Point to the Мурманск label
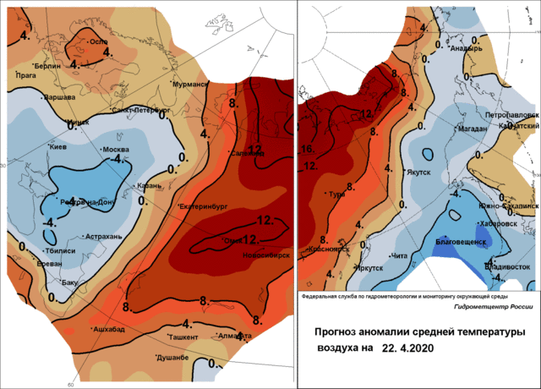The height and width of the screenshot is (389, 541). click(189, 85)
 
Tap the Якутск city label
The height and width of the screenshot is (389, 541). click(418, 172)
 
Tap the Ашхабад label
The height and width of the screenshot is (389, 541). click(108, 327)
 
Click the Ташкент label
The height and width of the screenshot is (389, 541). click(183, 337)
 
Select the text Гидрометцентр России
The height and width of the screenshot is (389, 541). click(489, 306)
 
